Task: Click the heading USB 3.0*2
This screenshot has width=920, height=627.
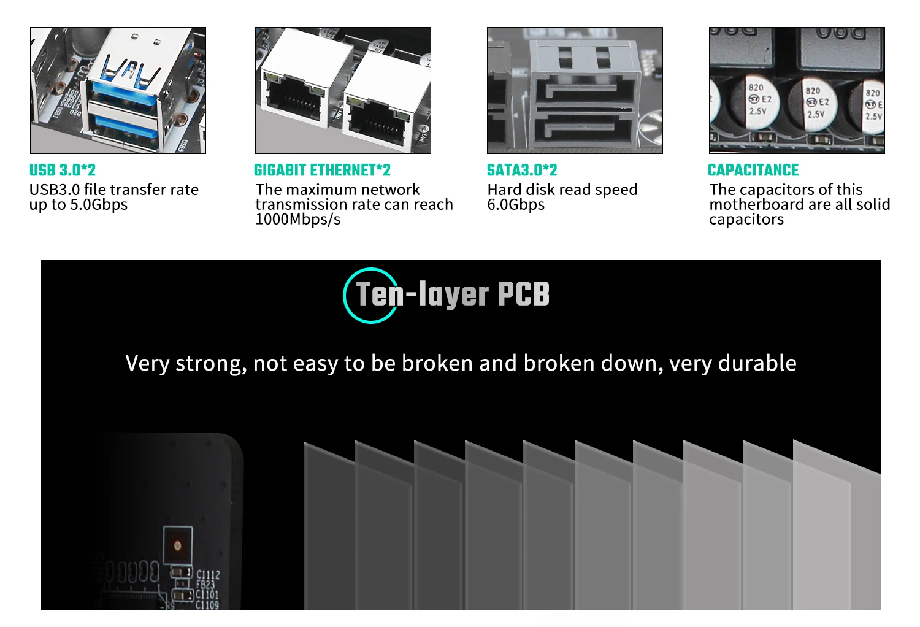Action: click(x=63, y=170)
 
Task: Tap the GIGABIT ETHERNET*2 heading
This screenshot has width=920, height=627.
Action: click(x=322, y=170)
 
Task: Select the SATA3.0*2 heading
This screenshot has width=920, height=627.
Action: click(x=522, y=170)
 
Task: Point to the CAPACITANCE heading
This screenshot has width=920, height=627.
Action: click(x=753, y=170)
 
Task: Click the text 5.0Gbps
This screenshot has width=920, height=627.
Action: click(x=99, y=204)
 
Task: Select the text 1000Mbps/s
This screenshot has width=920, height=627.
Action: click(x=297, y=219)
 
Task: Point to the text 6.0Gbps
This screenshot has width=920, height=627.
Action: click(x=516, y=204)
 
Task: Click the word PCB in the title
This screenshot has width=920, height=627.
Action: click(x=523, y=294)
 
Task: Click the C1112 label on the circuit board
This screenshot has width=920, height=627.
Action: click(x=208, y=575)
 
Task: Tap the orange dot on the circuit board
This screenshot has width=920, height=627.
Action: click(x=178, y=545)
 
